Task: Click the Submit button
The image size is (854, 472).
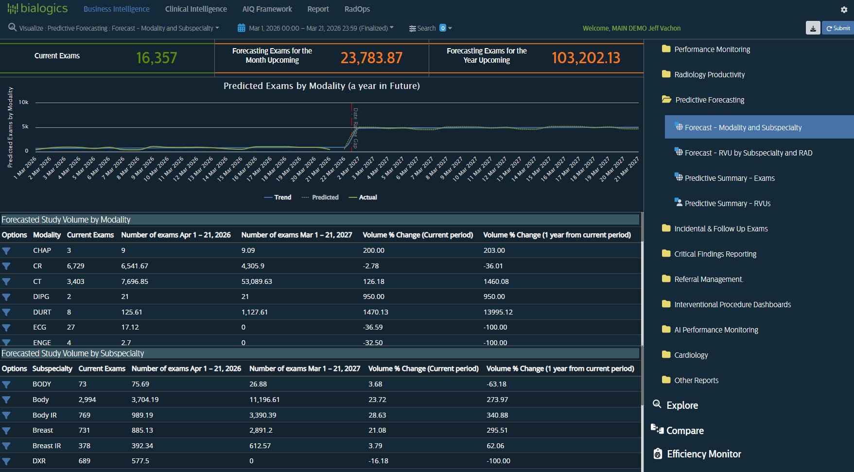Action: point(838,28)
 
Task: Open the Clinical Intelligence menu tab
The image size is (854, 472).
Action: point(196,9)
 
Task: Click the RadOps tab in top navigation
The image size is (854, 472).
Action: point(357,9)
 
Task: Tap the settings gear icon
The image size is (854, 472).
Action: point(844,10)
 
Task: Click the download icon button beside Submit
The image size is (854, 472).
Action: point(813,28)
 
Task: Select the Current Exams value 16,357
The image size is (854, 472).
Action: point(157,58)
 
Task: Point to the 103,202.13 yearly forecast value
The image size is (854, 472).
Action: point(586,58)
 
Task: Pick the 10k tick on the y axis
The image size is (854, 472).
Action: point(23,102)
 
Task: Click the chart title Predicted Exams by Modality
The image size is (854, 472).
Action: point(321,86)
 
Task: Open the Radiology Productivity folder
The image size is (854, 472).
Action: point(709,75)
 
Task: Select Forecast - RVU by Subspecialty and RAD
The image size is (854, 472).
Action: point(748,153)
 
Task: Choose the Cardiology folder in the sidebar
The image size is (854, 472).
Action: point(691,355)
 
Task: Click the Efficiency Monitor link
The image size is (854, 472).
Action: point(703,454)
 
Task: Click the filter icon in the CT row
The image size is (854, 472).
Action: point(6,281)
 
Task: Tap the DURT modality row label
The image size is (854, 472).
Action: point(42,312)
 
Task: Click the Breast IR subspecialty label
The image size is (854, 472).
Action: point(47,446)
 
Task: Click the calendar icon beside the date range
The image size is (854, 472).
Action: point(241,28)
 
